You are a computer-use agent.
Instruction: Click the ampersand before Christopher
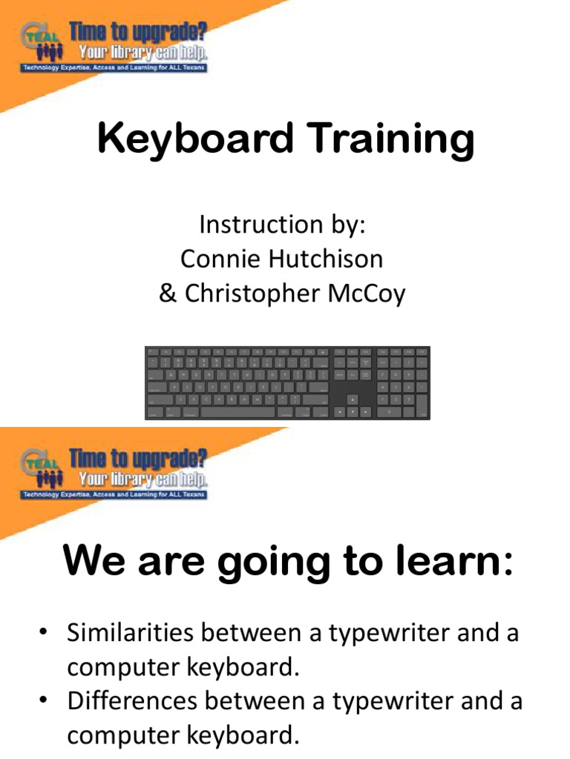point(166,294)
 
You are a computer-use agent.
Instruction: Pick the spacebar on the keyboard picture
point(237,411)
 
